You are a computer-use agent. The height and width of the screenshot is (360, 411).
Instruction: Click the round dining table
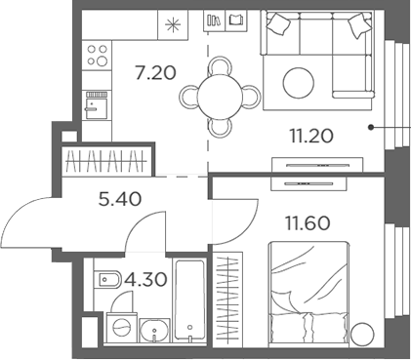click(x=223, y=96)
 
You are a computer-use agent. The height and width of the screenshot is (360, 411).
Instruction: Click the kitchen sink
click(x=95, y=104)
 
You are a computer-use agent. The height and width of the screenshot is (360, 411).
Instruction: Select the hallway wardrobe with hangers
click(x=107, y=160)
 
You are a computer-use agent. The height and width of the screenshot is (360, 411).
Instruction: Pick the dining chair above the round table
click(x=223, y=63)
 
